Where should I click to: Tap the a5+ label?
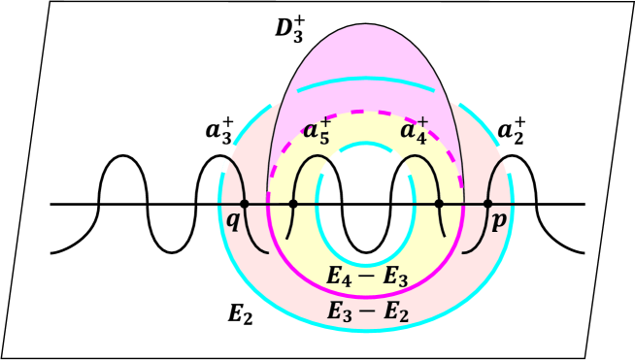(x=317, y=131)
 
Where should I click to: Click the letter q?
(x=233, y=220)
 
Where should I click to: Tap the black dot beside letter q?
(x=244, y=204)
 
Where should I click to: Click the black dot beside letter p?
(x=487, y=204)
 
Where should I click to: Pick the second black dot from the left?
(x=293, y=204)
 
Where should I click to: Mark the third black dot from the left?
(x=439, y=204)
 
